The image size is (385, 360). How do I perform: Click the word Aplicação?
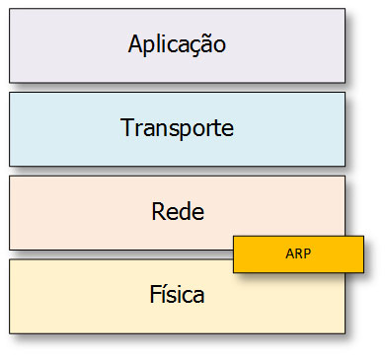click(x=178, y=44)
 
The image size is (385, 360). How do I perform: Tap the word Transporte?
click(x=178, y=128)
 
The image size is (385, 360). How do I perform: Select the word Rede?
click(x=178, y=211)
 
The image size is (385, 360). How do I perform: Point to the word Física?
click(x=178, y=294)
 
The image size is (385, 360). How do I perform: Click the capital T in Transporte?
click(x=126, y=128)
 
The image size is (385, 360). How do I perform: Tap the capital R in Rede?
click(x=159, y=211)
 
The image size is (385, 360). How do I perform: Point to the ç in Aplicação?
click(x=195, y=46)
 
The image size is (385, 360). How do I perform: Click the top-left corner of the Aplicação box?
click(x=10, y=9)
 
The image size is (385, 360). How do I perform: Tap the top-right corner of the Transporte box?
click(x=346, y=93)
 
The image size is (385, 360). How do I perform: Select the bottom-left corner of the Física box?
click(x=10, y=332)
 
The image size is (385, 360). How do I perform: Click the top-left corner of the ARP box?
click(x=233, y=236)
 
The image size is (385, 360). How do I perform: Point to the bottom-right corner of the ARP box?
click(x=364, y=272)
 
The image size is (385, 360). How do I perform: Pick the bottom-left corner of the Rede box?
click(x=10, y=249)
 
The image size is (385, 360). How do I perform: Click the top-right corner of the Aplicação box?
click(x=346, y=9)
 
